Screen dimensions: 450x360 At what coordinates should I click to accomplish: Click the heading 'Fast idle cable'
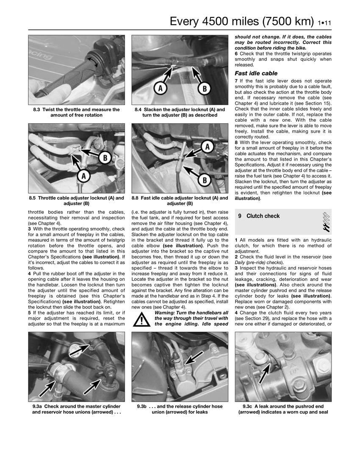[x=256, y=73]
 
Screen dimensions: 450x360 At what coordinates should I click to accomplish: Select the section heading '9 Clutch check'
[x=259, y=216]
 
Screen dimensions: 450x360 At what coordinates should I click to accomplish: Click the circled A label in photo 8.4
[x=160, y=88]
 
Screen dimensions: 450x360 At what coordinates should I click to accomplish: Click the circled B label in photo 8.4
[x=205, y=89]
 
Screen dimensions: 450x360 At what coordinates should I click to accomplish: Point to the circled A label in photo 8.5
[x=84, y=176]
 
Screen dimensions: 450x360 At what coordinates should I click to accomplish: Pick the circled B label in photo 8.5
[x=105, y=158]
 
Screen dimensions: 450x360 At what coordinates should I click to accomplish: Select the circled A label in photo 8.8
[x=207, y=147]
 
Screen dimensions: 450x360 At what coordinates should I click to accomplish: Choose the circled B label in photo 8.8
[x=205, y=181]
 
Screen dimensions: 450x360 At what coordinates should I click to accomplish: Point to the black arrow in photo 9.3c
[x=265, y=373]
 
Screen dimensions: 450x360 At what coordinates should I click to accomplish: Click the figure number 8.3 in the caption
[x=36, y=109]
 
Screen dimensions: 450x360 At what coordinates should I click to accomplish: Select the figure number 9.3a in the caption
[x=38, y=406]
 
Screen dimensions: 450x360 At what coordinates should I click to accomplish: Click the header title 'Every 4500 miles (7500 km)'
[x=242, y=22]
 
